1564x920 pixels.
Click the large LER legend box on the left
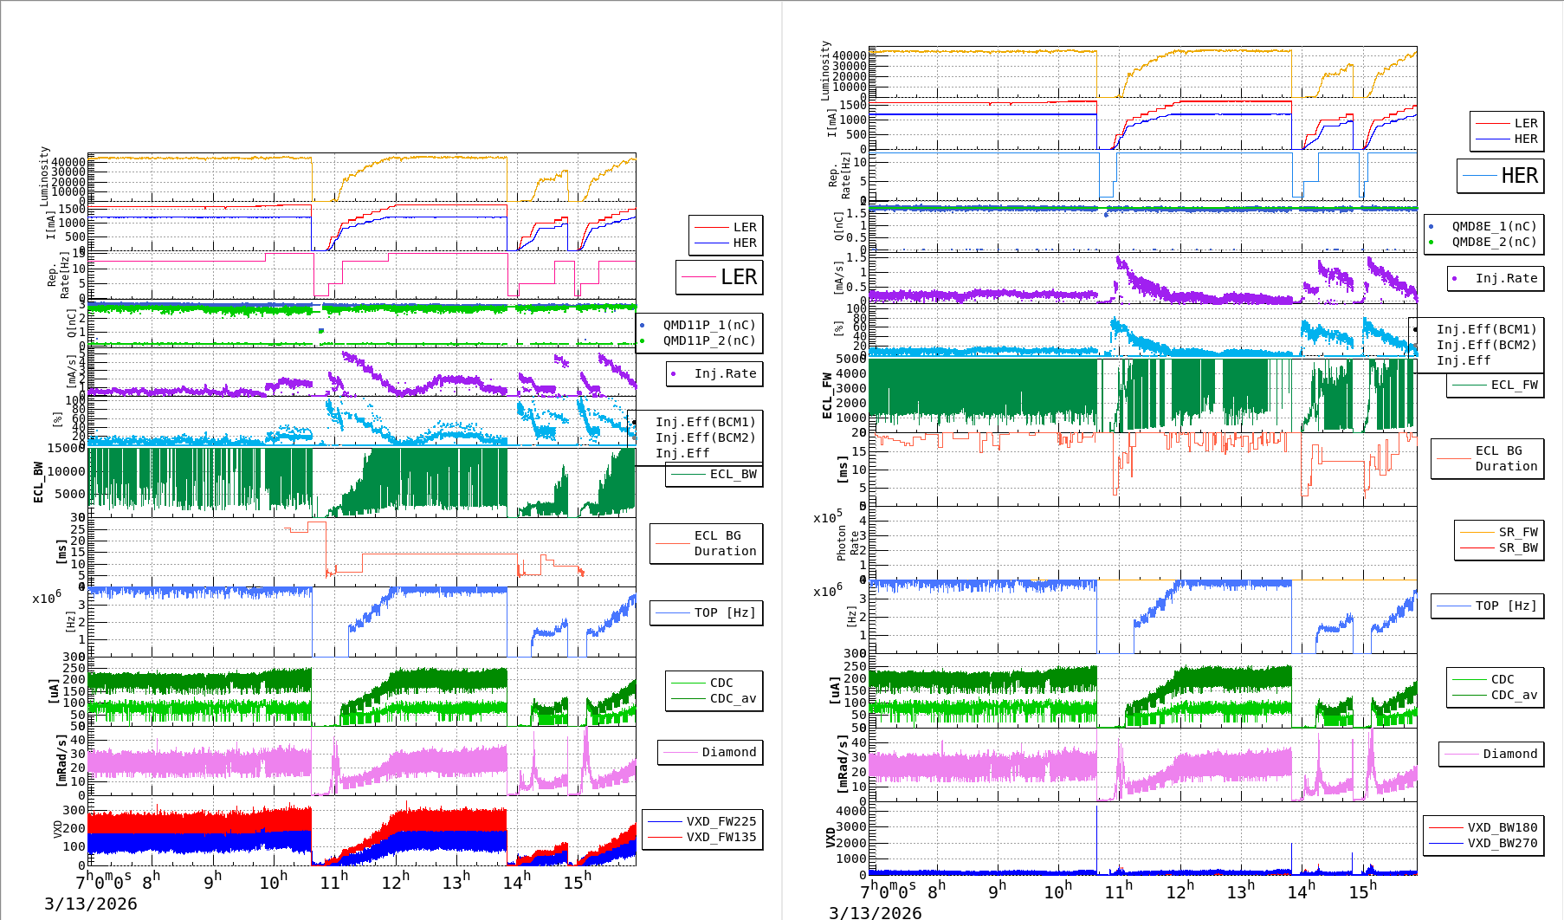(720, 277)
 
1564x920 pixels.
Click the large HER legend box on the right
(1501, 176)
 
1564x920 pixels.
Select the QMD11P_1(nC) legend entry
(709, 325)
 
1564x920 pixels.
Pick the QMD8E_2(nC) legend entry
(1494, 242)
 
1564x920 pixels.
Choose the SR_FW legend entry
(1518, 532)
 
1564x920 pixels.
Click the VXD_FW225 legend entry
(721, 821)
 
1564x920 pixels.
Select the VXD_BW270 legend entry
(1502, 843)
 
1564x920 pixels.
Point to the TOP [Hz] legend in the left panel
(724, 612)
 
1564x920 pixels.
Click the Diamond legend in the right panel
(1509, 754)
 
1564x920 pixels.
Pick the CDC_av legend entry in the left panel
(733, 698)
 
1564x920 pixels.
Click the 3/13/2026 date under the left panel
(91, 904)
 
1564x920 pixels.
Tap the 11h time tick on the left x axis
(333, 882)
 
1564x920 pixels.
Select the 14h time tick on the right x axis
(1300, 891)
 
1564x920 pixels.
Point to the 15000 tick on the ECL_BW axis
(66, 448)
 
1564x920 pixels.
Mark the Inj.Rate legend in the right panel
(1506, 278)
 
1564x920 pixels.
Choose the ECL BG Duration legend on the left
(725, 543)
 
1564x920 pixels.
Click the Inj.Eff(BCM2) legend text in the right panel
(1486, 345)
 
